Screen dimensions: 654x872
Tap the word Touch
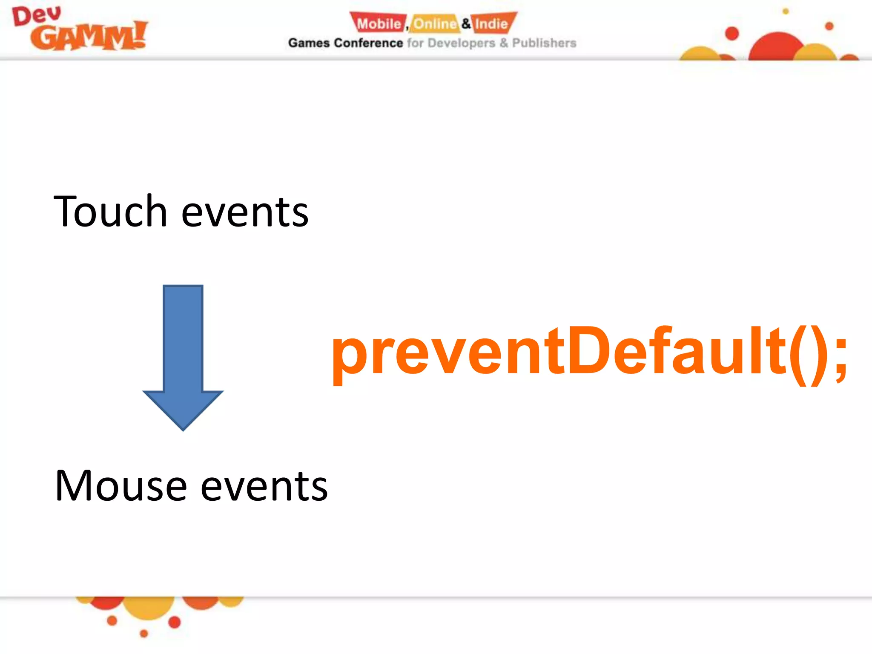(x=110, y=212)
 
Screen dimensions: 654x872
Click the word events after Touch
(x=245, y=213)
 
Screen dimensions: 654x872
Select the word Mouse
(x=121, y=486)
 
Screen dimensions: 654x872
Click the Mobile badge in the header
(x=378, y=23)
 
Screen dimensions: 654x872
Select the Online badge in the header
(x=435, y=23)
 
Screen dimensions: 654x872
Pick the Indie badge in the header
(x=492, y=23)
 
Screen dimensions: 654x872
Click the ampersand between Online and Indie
(x=466, y=23)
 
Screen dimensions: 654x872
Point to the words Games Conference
(x=345, y=43)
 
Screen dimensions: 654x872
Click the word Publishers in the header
(x=544, y=43)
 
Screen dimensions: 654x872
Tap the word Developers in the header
(x=461, y=43)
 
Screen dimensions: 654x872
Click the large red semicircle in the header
(x=776, y=47)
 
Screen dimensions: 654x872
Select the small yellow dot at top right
(x=786, y=11)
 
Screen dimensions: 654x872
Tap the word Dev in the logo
(x=37, y=16)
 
